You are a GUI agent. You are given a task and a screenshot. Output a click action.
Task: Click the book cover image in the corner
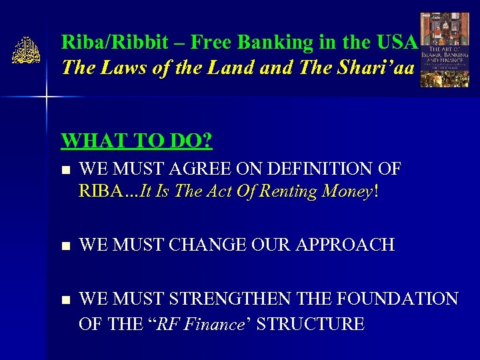(444, 50)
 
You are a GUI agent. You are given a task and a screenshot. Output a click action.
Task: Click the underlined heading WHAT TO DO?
(137, 141)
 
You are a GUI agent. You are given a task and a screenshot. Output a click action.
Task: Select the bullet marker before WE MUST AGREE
(65, 170)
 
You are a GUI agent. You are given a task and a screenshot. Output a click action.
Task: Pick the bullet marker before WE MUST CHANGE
(65, 246)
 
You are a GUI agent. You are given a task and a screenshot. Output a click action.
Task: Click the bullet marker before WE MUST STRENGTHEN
(65, 300)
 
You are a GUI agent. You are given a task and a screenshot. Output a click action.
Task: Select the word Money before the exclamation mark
(347, 192)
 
